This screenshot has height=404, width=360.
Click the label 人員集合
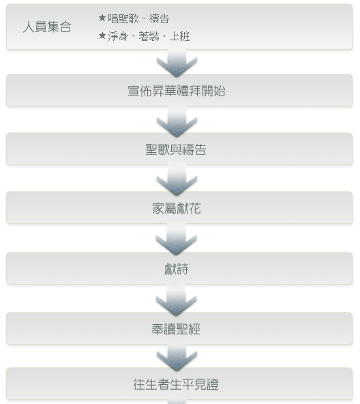click(47, 27)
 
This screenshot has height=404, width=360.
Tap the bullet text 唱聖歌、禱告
click(138, 18)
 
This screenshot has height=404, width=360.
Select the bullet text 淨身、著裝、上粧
click(149, 36)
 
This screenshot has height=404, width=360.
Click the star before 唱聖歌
click(102, 18)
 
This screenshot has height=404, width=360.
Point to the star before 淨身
click(102, 35)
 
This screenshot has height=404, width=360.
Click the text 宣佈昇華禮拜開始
click(177, 91)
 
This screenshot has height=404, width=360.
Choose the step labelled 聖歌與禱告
click(176, 149)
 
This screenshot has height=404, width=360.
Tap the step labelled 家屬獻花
click(177, 208)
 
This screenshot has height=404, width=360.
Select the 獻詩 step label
click(177, 269)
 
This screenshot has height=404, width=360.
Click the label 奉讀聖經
click(176, 329)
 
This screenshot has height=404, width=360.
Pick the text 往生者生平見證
click(176, 384)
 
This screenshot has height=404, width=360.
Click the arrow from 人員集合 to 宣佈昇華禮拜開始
click(177, 63)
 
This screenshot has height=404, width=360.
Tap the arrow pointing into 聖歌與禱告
click(177, 121)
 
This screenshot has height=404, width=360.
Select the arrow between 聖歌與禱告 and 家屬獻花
click(177, 180)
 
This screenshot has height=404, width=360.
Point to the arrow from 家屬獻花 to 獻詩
click(177, 240)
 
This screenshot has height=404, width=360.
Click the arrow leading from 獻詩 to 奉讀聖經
click(177, 300)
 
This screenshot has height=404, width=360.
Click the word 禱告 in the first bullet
click(159, 18)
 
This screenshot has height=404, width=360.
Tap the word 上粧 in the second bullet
click(180, 36)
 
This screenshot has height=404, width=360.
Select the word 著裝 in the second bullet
click(149, 36)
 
